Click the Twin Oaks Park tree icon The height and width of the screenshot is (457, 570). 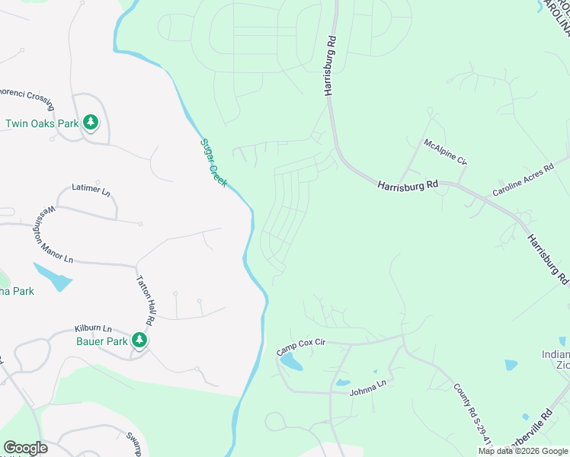pos(91,122)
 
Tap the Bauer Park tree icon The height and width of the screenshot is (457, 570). pos(139,340)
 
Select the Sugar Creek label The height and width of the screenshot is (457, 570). pos(213,162)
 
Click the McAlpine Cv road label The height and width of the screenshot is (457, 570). pos(445,152)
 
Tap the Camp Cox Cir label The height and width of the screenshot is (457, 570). pos(301,347)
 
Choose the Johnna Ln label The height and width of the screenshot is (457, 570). pos(368,387)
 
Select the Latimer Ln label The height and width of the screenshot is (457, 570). pos(85,188)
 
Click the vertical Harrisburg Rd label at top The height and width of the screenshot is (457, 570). pos(330,66)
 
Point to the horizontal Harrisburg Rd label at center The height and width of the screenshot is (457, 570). pos(408,184)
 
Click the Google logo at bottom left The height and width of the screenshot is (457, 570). pos(25,448)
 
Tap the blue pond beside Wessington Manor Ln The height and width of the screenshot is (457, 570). pos(52,277)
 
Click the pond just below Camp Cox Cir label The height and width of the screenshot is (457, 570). pos(290,363)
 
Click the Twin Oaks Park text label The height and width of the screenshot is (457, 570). pos(43,123)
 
